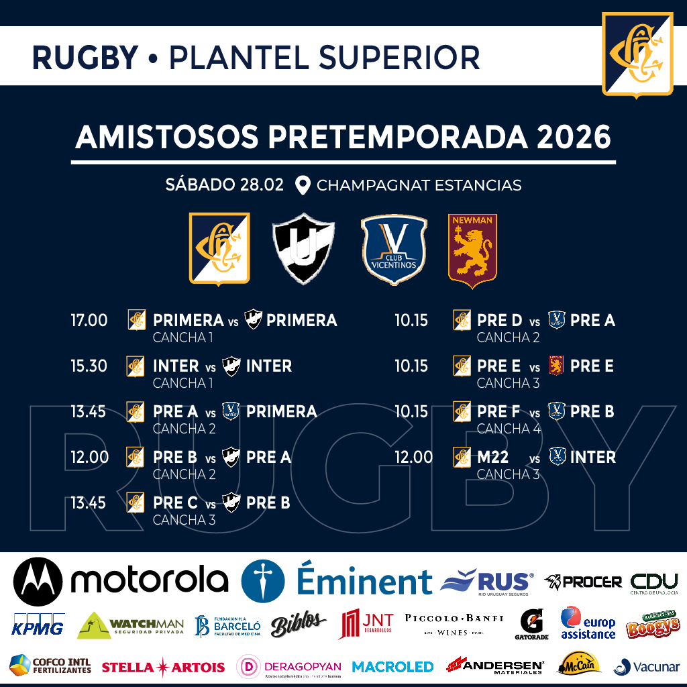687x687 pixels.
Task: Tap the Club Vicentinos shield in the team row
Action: click(394, 248)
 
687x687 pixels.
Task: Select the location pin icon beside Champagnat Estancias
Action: click(303, 185)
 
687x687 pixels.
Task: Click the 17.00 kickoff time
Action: click(89, 321)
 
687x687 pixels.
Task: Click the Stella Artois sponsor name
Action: click(163, 667)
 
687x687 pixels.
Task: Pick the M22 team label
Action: click(493, 458)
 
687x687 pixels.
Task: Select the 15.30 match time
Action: click(89, 366)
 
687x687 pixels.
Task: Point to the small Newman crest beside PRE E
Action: click(556, 366)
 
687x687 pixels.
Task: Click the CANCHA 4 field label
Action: click(508, 429)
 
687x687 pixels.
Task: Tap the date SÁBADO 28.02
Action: click(225, 185)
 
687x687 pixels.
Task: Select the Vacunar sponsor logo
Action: click(647, 666)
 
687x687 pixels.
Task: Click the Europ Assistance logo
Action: click(588, 624)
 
